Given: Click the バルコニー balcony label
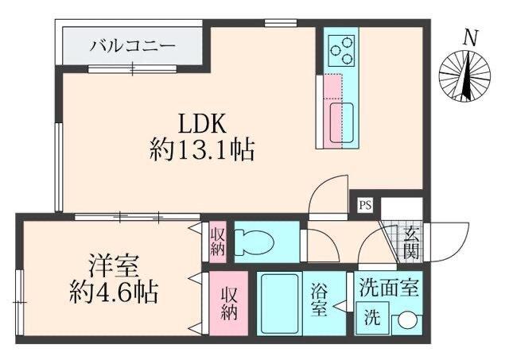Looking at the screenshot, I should pos(131,45).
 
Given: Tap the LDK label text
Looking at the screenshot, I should pos(203,124).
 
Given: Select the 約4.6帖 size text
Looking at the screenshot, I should pos(111,292).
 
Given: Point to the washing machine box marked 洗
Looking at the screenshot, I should pos(372,319).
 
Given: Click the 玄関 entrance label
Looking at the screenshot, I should pos(411,243).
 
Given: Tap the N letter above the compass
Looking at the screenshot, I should pos(472,37).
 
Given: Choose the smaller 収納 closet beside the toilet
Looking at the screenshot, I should pos(217,241).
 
